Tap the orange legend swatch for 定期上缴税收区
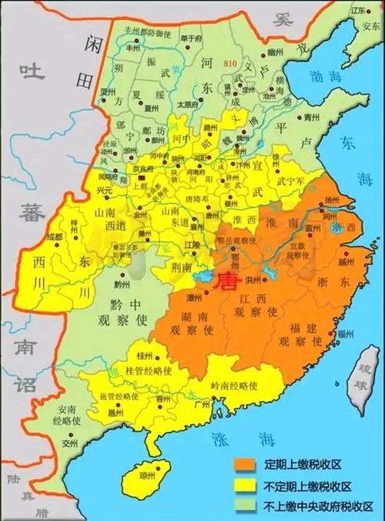(x=245, y=463)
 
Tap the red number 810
(x=230, y=62)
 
